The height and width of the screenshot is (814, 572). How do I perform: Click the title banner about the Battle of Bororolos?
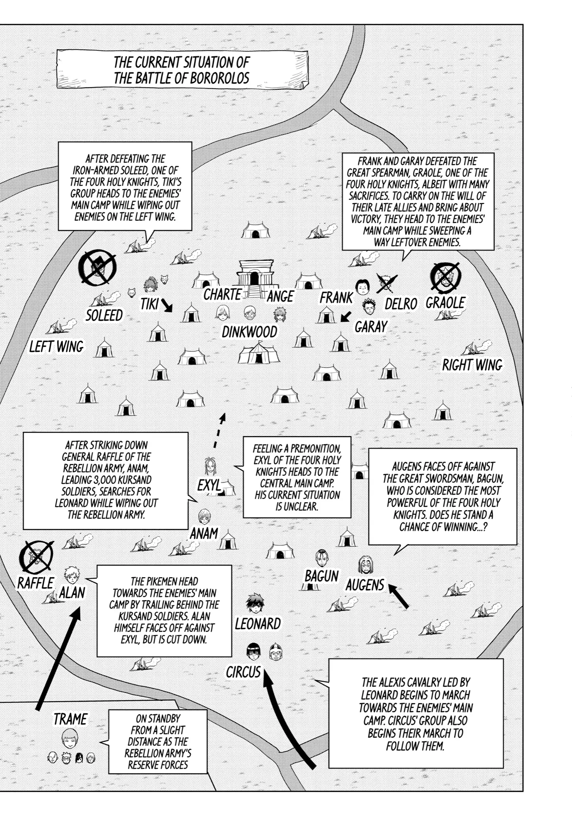tap(182, 70)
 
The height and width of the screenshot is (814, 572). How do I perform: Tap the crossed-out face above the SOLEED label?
tap(98, 268)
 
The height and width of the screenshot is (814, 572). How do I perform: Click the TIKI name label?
tap(150, 304)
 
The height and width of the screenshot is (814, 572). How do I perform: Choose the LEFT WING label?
tap(57, 346)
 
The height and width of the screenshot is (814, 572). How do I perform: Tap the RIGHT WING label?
tap(472, 365)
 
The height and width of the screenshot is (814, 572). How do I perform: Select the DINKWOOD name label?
tap(250, 332)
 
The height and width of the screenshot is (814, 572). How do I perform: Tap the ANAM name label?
tap(204, 533)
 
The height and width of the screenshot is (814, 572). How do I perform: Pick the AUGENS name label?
tap(365, 585)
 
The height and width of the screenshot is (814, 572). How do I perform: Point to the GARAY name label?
tap(371, 327)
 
